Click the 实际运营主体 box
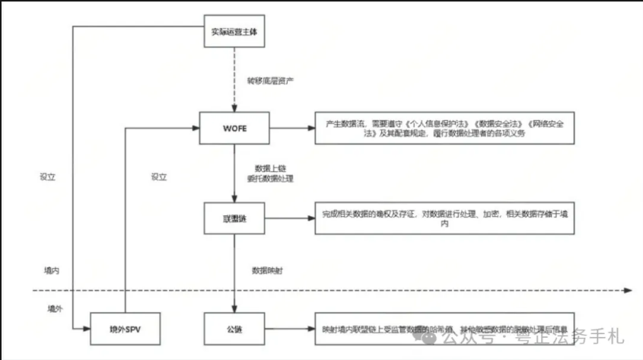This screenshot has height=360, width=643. click(x=235, y=33)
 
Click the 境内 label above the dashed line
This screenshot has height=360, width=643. click(x=51, y=270)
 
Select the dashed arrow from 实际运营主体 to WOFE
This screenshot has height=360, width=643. click(x=235, y=80)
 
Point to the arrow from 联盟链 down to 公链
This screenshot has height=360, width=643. click(x=235, y=274)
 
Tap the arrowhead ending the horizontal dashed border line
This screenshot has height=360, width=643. click(x=627, y=290)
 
